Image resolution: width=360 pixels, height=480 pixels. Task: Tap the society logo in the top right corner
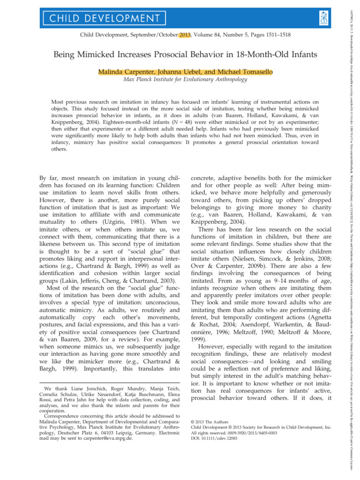coord(323,18)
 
